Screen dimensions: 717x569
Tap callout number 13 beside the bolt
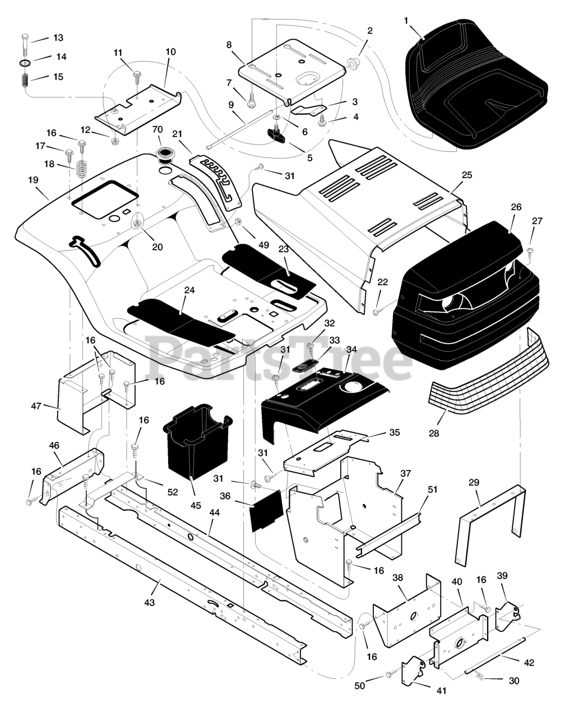click(58, 38)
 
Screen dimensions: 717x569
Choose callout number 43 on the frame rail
click(149, 602)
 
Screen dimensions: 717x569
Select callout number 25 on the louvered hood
click(466, 175)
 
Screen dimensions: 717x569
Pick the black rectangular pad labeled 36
click(265, 510)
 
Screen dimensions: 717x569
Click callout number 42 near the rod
click(529, 663)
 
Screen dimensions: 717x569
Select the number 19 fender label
click(33, 180)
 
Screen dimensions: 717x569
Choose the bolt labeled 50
click(387, 677)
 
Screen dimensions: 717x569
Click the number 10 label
click(170, 52)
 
